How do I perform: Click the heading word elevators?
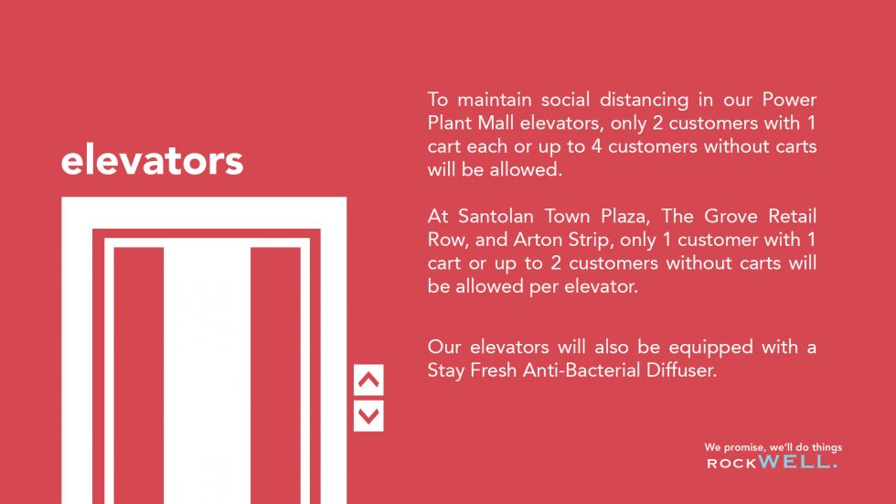[152, 161]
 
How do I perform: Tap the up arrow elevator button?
[368, 380]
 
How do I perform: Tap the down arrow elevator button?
[368, 416]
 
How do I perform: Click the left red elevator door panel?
[139, 375]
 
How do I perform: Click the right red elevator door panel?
[275, 375]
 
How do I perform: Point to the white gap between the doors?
[207, 375]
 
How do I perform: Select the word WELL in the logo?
[797, 462]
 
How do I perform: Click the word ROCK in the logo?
[732, 464]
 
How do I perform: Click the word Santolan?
[496, 216]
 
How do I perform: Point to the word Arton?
[538, 240]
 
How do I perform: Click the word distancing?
[645, 100]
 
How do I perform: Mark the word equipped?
[711, 348]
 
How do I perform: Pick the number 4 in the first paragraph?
[596, 146]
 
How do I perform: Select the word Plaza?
[624, 217]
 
